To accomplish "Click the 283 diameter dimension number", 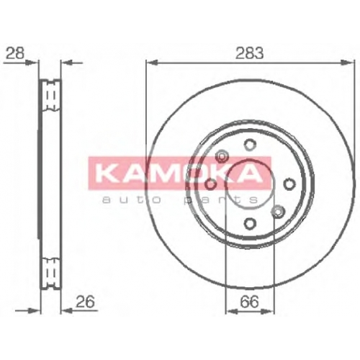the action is click(x=249, y=53).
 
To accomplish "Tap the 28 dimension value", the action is click(x=15, y=53).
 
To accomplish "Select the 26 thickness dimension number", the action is click(x=85, y=302).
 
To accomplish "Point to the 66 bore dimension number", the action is click(x=250, y=302).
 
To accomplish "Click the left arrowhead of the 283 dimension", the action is click(x=152, y=63).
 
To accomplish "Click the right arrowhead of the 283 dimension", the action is click(x=348, y=63).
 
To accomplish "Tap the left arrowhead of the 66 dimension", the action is click(x=232, y=311).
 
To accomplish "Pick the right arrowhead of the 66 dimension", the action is click(x=267, y=311).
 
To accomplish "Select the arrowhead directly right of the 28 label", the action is click(x=32, y=63).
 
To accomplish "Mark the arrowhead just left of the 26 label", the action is click(x=67, y=311).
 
